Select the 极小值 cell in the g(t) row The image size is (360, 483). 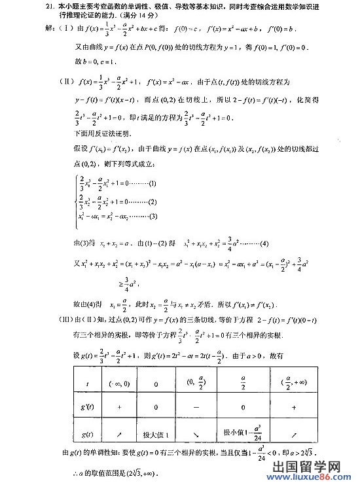(241, 433)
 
